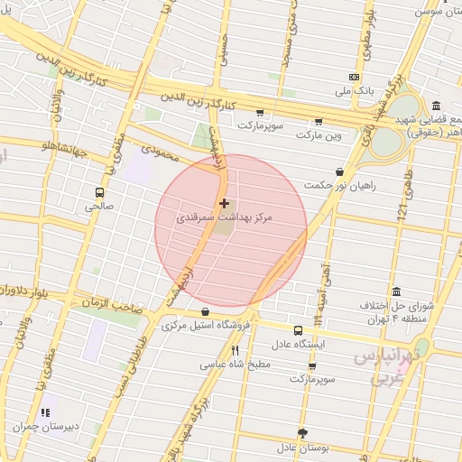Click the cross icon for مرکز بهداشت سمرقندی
[x=224, y=203]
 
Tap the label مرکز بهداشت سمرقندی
[x=224, y=217]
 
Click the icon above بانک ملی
[x=354, y=78]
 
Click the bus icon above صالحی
[x=99, y=192]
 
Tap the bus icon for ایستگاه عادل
[x=298, y=330]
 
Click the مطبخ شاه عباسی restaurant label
[x=235, y=365]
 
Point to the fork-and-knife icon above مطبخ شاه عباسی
[x=235, y=350]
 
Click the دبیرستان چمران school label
[x=46, y=426]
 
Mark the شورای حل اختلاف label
[x=401, y=305]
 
